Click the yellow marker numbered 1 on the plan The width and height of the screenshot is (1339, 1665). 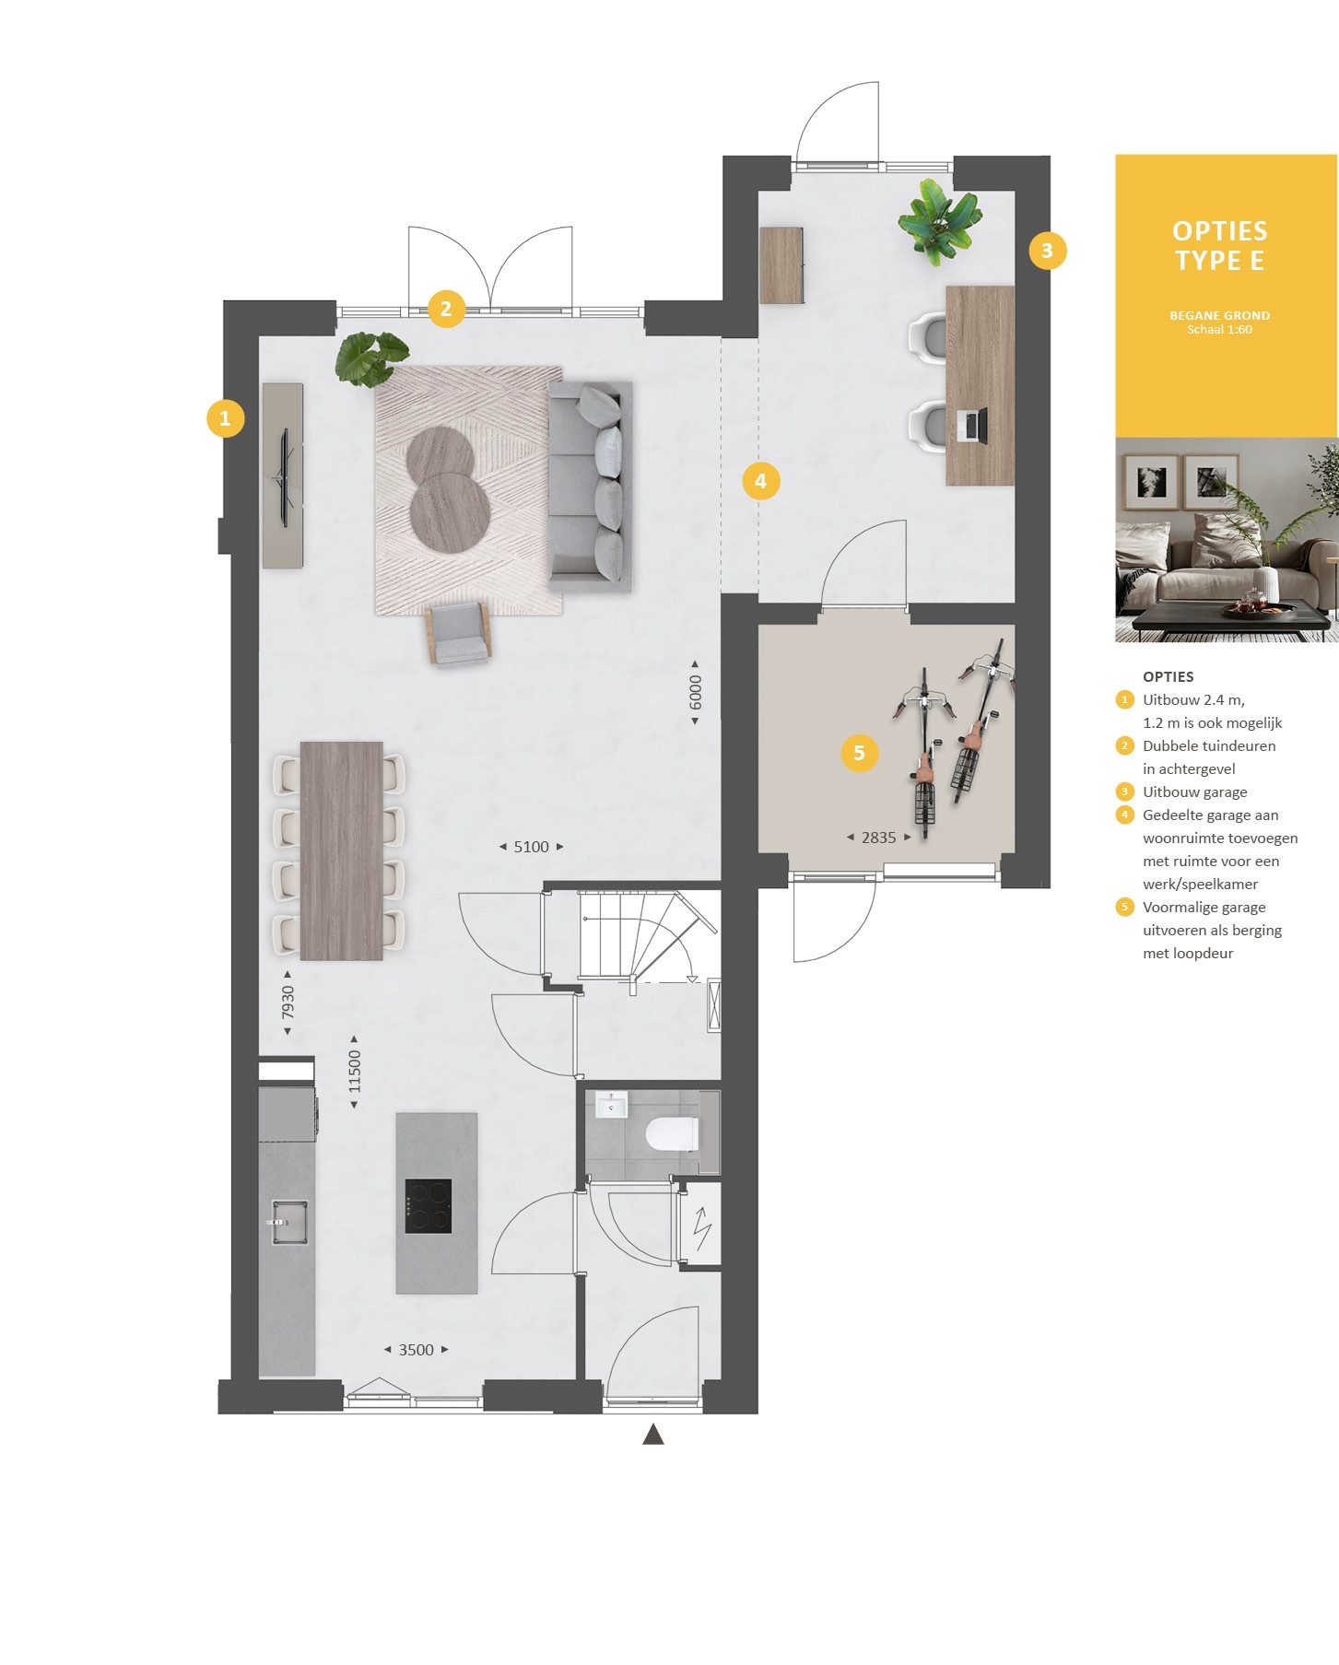(225, 418)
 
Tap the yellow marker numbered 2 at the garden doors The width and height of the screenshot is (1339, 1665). (446, 308)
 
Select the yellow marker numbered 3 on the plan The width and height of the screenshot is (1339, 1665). (1047, 251)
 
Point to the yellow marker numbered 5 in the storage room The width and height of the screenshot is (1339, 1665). (859, 753)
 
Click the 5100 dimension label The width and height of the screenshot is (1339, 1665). (531, 847)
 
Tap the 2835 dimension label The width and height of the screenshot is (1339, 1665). (878, 838)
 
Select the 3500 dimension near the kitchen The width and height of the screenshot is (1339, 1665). (416, 1350)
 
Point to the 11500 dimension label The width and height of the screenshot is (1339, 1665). (355, 1072)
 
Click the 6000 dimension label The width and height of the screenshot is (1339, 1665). (696, 693)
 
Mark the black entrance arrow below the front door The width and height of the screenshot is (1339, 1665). (653, 1434)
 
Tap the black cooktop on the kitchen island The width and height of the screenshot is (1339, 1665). (429, 1206)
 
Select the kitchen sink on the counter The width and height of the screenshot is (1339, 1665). (289, 1222)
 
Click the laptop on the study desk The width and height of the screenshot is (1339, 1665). (972, 425)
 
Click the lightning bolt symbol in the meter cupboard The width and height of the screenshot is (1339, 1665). (702, 1227)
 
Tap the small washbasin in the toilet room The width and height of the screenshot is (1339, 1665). (611, 1104)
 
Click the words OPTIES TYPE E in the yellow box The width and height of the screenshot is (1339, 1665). (1220, 246)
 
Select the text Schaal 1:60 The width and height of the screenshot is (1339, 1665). (1220, 330)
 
